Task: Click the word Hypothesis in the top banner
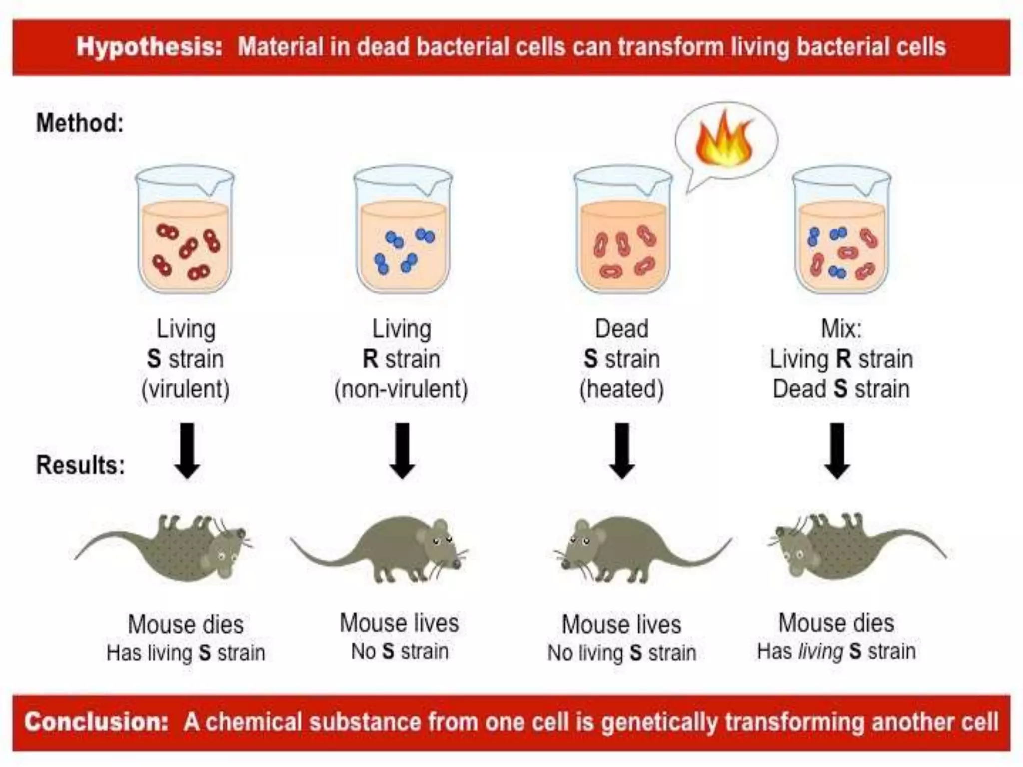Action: point(149,47)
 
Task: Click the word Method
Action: point(80,123)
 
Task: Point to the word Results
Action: point(80,465)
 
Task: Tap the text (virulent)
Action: point(185,389)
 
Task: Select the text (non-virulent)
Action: point(401,389)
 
